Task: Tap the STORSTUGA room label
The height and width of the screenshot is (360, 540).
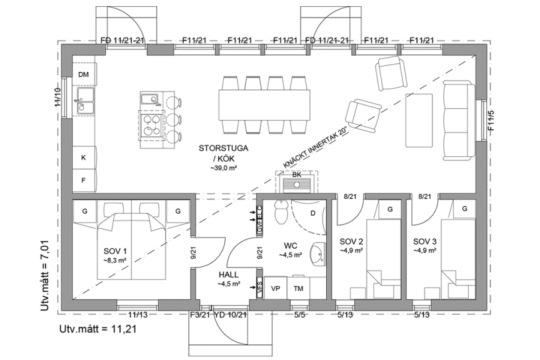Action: click(x=224, y=149)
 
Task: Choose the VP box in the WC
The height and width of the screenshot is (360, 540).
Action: click(x=276, y=288)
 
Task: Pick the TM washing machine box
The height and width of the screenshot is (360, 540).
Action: click(x=298, y=288)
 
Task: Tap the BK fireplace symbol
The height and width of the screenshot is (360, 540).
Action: click(x=296, y=182)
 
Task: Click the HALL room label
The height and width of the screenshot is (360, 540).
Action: click(x=228, y=275)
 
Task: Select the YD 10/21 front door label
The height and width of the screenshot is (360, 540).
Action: click(x=230, y=315)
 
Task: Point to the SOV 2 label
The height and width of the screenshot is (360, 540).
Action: click(x=351, y=241)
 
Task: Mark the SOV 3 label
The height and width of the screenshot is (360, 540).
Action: click(x=425, y=241)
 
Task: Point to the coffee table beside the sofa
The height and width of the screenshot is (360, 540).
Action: click(x=419, y=120)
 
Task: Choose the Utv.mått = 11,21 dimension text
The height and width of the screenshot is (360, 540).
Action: click(x=97, y=329)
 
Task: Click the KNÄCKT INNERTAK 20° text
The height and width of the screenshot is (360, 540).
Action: click(x=315, y=147)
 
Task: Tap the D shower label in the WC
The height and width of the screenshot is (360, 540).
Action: click(x=313, y=213)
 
